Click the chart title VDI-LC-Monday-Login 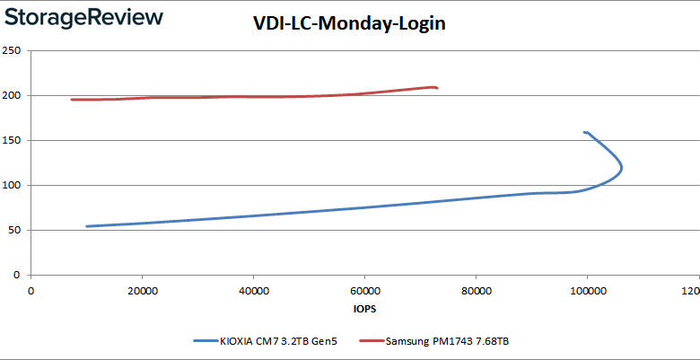pos(349,25)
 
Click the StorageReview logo pos(82,17)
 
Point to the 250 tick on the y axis pos(13,50)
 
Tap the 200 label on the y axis pos(13,95)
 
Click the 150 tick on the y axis pos(13,140)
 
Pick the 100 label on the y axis pos(13,185)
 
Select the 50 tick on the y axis pos(15,230)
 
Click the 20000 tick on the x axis pos(143,292)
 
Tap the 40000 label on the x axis pos(254,292)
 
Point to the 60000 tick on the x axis pos(364,292)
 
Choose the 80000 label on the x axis pos(476,292)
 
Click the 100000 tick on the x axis pos(587,292)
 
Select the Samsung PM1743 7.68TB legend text pos(450,341)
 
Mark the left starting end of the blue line pos(86,226)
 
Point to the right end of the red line pos(437,88)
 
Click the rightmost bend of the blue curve pos(621,167)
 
